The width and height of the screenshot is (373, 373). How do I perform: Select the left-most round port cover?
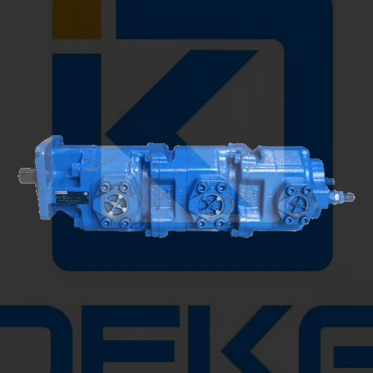tap(115, 202)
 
